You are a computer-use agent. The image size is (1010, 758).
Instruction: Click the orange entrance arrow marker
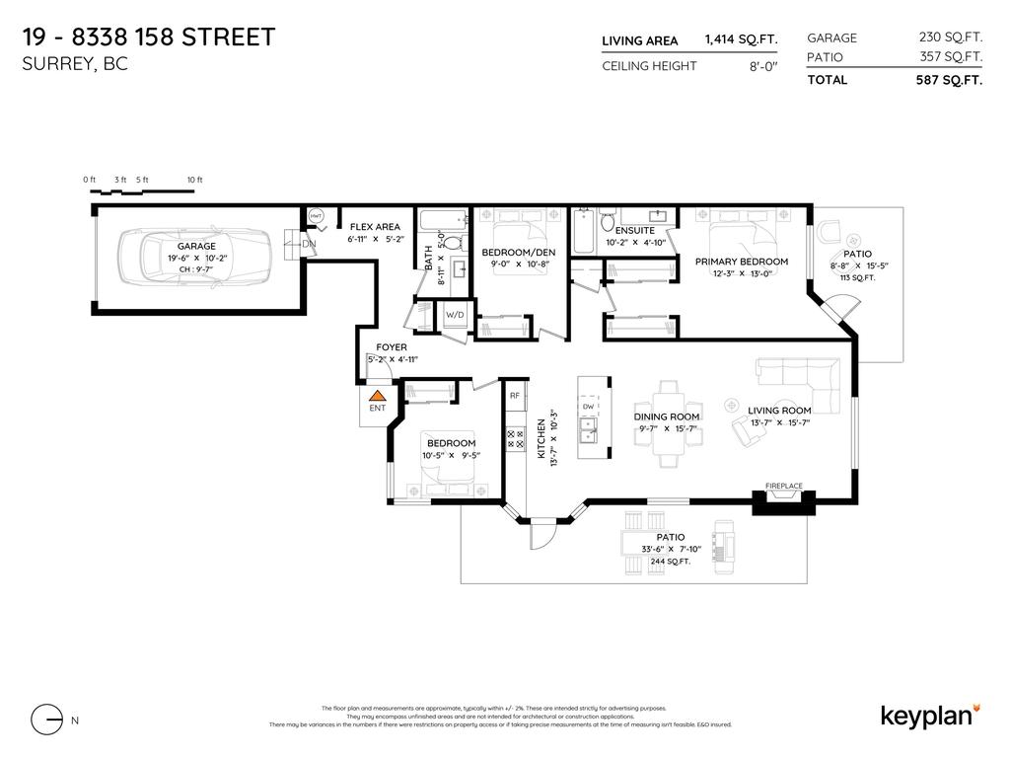(x=377, y=395)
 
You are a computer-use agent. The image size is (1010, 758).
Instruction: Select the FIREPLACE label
(x=784, y=487)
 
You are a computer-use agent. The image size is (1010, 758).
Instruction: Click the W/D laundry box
(x=456, y=316)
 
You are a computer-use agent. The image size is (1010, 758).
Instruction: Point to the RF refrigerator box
(x=514, y=395)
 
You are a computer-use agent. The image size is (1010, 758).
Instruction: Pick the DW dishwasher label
(x=588, y=406)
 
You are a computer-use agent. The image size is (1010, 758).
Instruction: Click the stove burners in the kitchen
(x=514, y=438)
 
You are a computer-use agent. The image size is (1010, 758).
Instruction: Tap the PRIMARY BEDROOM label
(x=742, y=262)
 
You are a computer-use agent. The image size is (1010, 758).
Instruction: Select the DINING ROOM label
(x=667, y=417)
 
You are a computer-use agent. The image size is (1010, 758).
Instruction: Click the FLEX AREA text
(x=375, y=227)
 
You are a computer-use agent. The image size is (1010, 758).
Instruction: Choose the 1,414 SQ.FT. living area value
(x=741, y=39)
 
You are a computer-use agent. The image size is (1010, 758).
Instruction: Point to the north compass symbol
(x=45, y=720)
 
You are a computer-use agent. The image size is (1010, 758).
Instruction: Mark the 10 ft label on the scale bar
(x=194, y=180)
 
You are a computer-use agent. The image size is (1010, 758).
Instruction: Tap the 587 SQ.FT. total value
(x=949, y=80)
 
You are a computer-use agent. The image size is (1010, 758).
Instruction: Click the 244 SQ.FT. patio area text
(x=670, y=561)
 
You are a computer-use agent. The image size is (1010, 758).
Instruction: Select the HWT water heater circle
(x=317, y=215)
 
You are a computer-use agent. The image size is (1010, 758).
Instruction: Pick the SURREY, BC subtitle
(x=75, y=65)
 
